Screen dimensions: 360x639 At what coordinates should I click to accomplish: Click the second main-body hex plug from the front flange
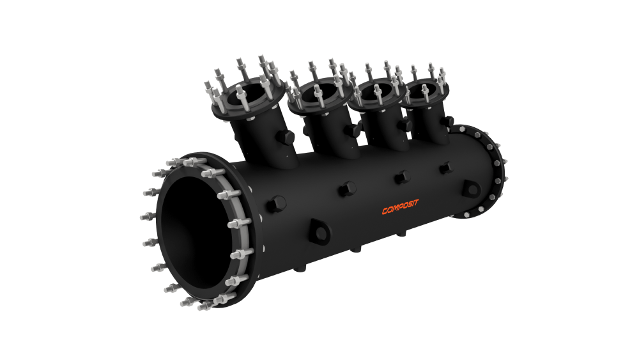click(347, 189)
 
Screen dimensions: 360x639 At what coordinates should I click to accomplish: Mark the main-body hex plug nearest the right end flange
click(447, 168)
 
